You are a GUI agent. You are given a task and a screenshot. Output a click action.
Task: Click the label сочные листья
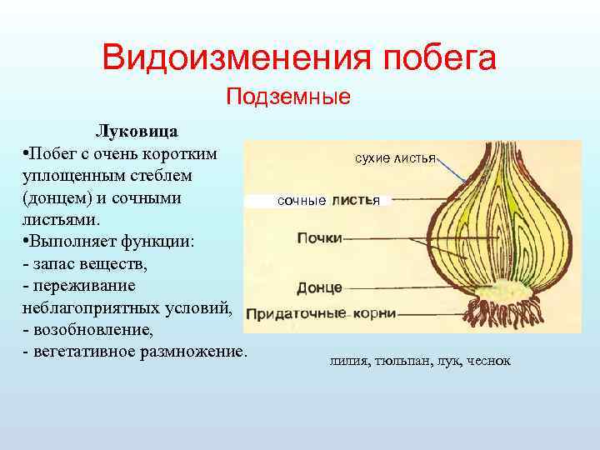(328, 201)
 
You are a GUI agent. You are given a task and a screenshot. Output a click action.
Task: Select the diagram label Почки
(319, 238)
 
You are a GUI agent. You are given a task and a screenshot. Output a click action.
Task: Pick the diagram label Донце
(319, 287)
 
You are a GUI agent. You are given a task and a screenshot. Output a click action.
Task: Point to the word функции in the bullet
(155, 242)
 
